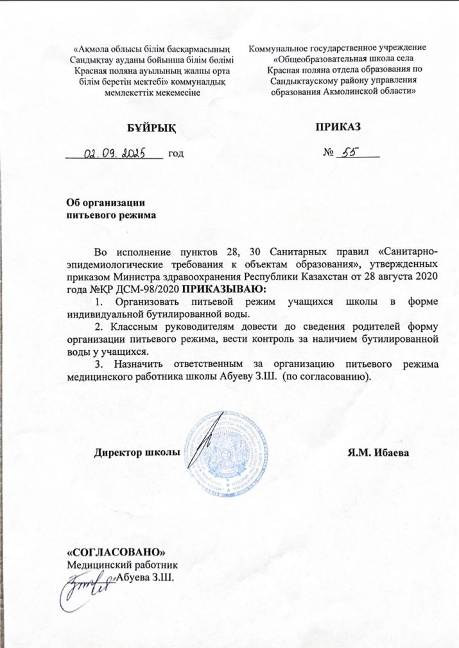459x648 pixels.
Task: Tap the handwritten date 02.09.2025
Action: (x=116, y=153)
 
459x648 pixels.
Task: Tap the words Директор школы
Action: (x=137, y=453)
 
